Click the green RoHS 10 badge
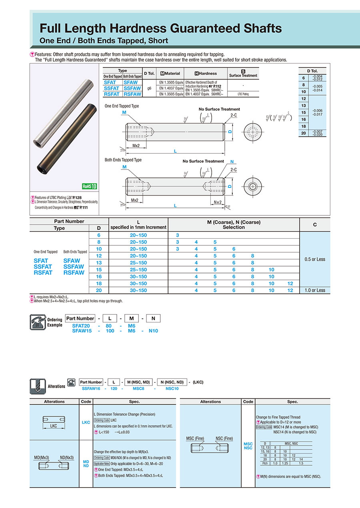90,186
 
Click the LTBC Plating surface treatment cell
243,94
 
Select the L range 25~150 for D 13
138,263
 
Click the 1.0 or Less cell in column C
315,291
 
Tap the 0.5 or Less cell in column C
315,259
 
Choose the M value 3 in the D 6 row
178,235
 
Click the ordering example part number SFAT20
81,326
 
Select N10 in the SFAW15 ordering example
153,331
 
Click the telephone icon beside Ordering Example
38,322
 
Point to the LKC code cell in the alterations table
86,422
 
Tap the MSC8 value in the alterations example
138,388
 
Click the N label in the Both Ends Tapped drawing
232,162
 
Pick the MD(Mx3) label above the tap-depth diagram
41,457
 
